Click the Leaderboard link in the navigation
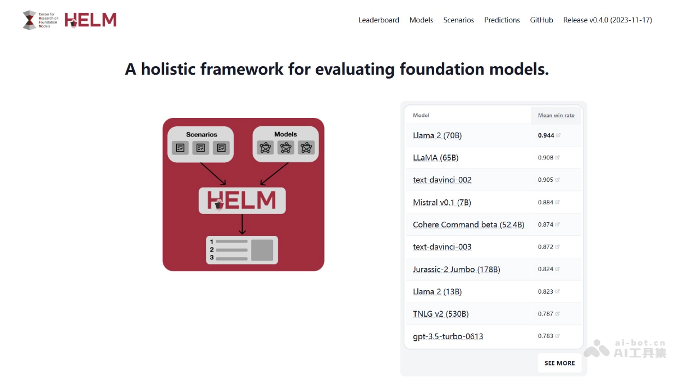pyautogui.click(x=379, y=20)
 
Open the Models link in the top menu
pyautogui.click(x=421, y=20)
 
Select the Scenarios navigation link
pyautogui.click(x=458, y=20)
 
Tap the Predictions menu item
pyautogui.click(x=502, y=20)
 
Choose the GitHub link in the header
pyautogui.click(x=541, y=20)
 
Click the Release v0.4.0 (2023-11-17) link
pyautogui.click(x=607, y=20)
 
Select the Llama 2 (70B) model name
pyautogui.click(x=437, y=135)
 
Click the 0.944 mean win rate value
pyautogui.click(x=546, y=135)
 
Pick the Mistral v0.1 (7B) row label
pyautogui.click(x=442, y=202)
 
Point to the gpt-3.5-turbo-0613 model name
pyautogui.click(x=448, y=336)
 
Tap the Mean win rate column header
pyautogui.click(x=556, y=116)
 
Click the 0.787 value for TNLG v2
pyautogui.click(x=545, y=314)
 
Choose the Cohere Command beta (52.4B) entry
pyautogui.click(x=468, y=225)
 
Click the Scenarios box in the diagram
pyautogui.click(x=201, y=144)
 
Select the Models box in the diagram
pyautogui.click(x=286, y=144)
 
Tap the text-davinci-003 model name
pyautogui.click(x=442, y=247)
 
